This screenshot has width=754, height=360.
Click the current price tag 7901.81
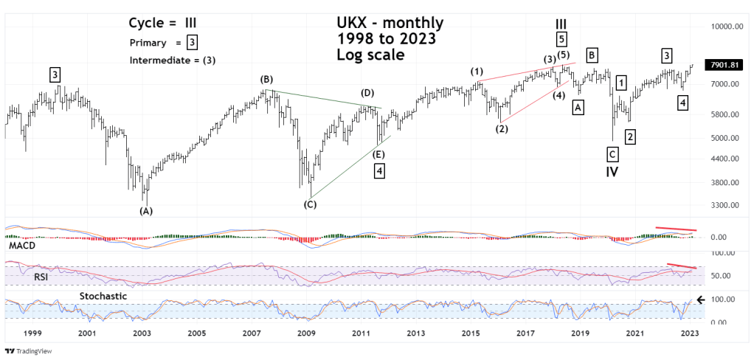click(723, 65)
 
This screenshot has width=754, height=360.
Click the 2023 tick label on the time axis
click(688, 333)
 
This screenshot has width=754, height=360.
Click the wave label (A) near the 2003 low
click(146, 211)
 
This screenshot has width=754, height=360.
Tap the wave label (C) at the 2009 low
click(310, 204)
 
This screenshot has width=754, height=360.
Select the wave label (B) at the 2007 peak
click(267, 79)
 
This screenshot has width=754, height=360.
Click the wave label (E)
click(378, 154)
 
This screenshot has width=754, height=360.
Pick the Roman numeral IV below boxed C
click(612, 172)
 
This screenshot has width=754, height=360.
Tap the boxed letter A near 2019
click(578, 108)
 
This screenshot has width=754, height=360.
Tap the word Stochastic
click(103, 297)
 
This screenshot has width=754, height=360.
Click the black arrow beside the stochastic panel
click(701, 300)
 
